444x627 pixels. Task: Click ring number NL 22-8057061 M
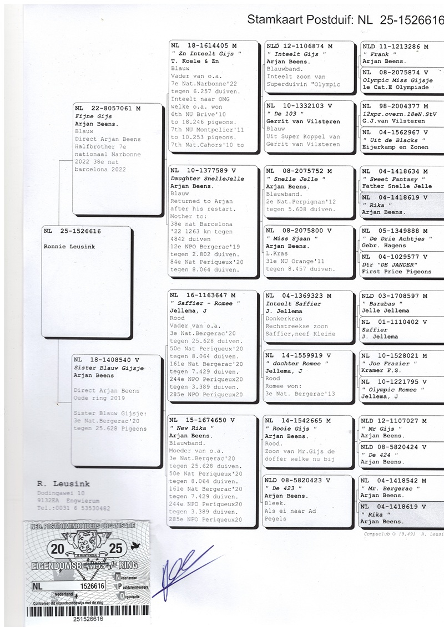tap(108, 109)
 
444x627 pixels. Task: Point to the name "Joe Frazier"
tap(384, 364)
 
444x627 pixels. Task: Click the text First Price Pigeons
tap(396, 272)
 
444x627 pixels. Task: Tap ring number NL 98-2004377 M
tap(395, 106)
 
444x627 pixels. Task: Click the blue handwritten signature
tap(178, 577)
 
